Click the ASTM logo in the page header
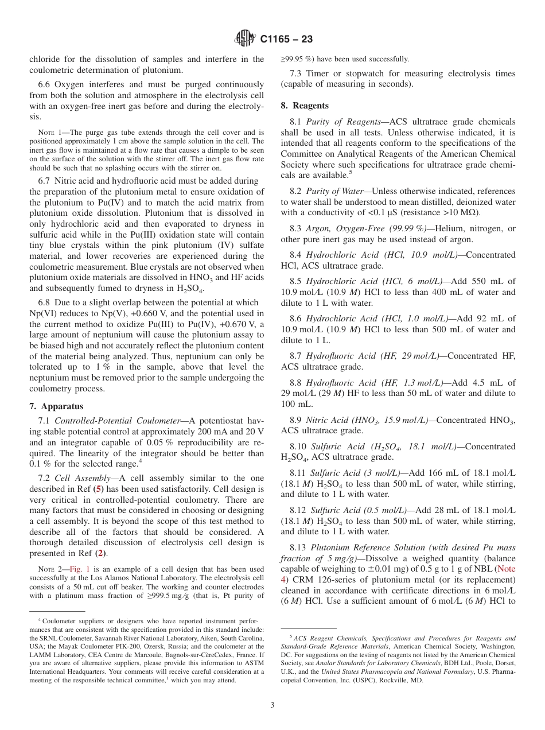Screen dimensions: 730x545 (x=245, y=39)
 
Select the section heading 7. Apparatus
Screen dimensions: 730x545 (x=56, y=406)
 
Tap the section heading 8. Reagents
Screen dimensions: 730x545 (x=305, y=106)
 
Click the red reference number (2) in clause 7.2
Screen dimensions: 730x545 (x=100, y=554)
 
